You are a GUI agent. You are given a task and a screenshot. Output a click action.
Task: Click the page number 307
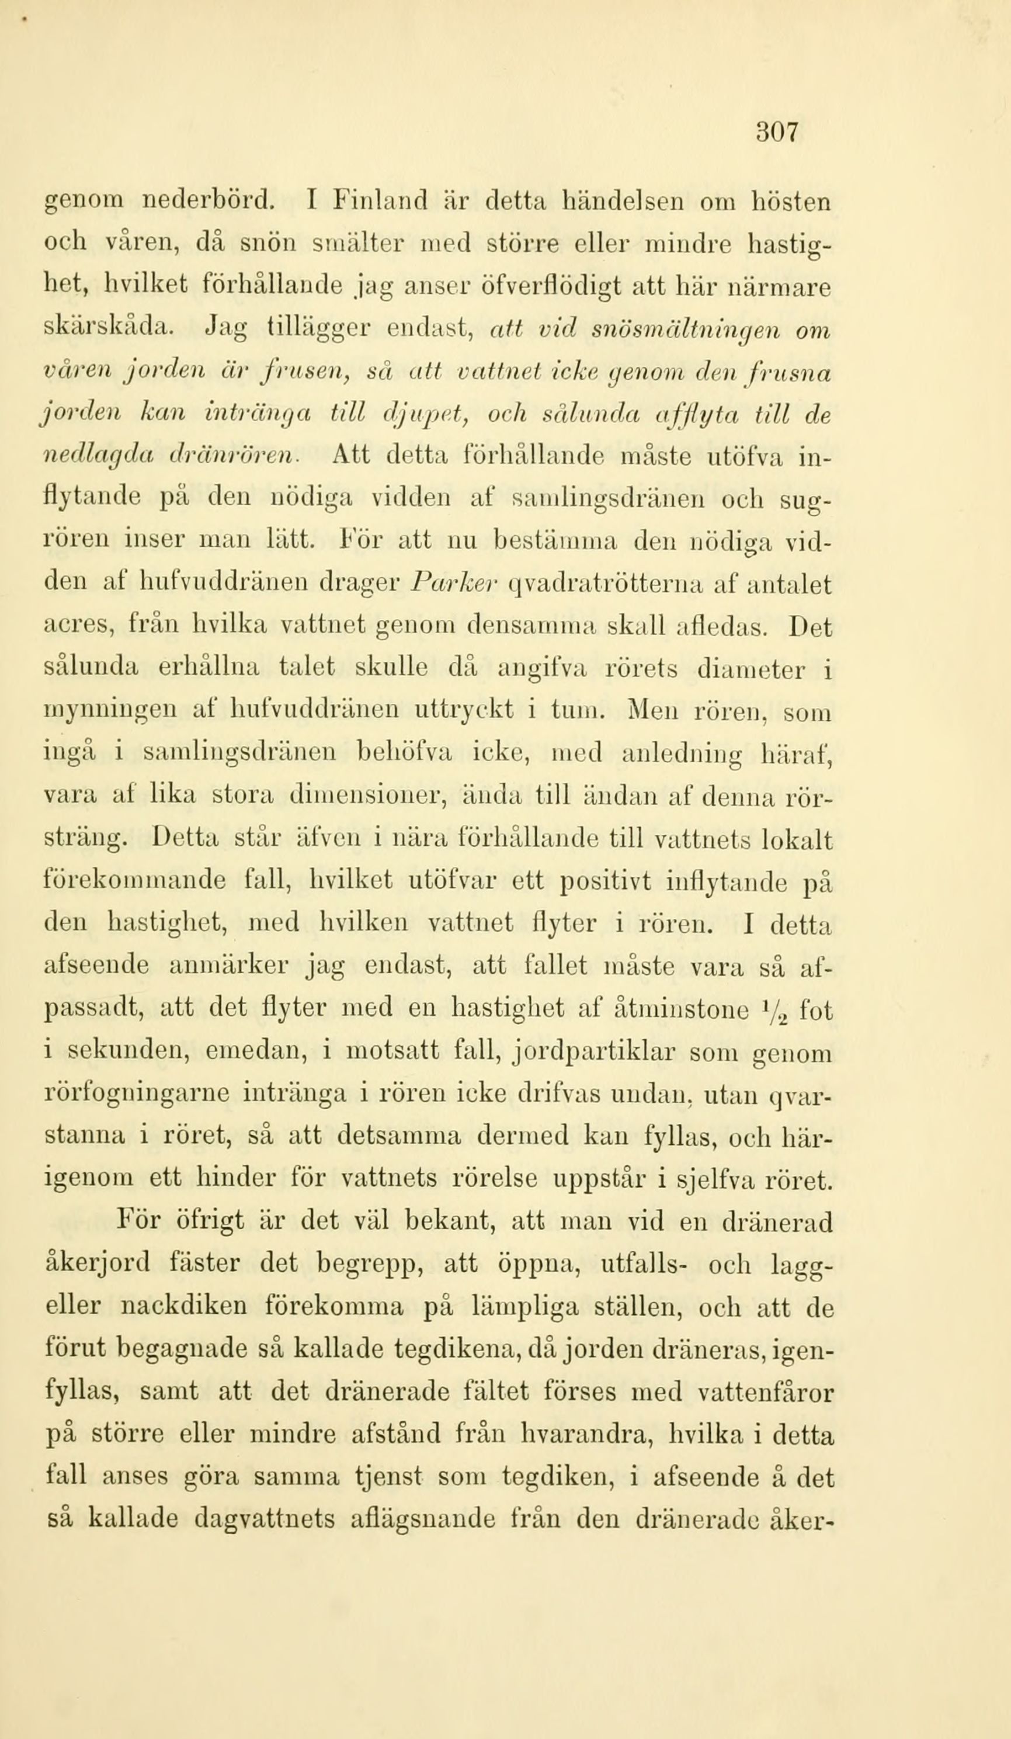(x=776, y=131)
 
